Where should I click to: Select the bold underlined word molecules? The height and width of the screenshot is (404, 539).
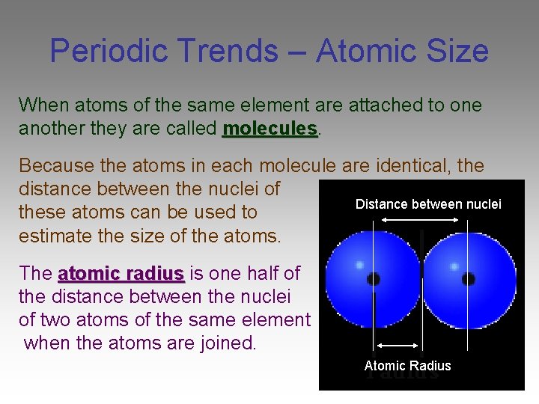point(270,128)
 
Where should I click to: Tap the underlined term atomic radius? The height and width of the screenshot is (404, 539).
point(121,274)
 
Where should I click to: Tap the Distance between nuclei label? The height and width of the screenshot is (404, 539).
point(428,204)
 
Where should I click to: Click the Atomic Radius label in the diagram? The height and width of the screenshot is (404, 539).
point(407,366)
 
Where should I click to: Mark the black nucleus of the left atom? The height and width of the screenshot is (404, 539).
point(374,279)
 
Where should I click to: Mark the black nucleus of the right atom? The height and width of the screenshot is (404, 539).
point(468,279)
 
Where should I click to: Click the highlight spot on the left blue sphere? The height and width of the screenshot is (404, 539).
point(360,265)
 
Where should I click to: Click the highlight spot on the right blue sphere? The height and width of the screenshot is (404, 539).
point(454,265)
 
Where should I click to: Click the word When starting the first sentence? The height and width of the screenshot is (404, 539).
point(41,105)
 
